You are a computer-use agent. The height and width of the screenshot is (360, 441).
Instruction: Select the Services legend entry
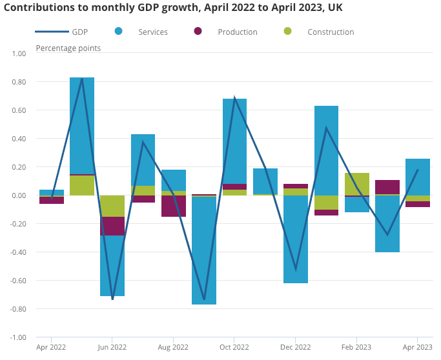152,32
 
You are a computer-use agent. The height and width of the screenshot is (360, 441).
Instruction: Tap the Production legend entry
237,32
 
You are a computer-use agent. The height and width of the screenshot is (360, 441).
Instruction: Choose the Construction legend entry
330,32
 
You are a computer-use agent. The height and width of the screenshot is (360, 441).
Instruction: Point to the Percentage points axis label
68,48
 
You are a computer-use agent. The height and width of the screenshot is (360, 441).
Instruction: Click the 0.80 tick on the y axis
17,82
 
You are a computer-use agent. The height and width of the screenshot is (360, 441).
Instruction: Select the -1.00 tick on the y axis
17,337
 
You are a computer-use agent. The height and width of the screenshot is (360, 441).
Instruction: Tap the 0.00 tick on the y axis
17,195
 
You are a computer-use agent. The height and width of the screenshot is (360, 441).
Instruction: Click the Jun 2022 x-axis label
112,347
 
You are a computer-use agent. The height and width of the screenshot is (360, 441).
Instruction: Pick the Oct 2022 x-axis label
234,347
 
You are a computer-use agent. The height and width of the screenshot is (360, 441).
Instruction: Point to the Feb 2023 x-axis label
356,347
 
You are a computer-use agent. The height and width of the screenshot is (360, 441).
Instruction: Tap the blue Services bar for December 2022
296,239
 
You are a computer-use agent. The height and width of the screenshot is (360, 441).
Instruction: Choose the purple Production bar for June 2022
112,226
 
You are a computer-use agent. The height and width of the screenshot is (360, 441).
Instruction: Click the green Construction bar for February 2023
356,184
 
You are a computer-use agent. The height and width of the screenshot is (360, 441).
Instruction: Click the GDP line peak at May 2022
82,78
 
